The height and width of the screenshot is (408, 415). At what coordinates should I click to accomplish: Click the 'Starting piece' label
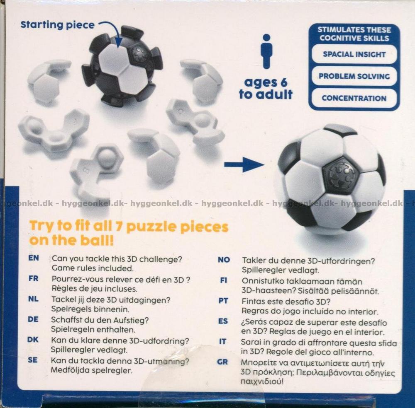pos(57,25)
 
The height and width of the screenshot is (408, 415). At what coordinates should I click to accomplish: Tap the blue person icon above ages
pos(266,51)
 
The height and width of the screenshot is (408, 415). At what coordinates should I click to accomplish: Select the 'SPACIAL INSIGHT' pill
pos(354,54)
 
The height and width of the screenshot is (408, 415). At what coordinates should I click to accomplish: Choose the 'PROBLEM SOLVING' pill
pos(354,76)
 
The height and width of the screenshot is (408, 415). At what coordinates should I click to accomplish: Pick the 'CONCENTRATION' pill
pos(354,98)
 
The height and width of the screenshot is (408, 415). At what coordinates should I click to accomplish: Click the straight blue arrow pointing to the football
pos(244,164)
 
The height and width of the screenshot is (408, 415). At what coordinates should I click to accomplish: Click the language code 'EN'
pos(34,258)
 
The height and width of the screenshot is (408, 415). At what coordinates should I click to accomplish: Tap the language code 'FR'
pos(33,278)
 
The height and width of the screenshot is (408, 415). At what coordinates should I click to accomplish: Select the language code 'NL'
pos(33,299)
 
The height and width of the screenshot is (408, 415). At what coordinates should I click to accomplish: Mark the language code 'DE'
pos(33,319)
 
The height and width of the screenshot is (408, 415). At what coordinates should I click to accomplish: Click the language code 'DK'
pos(33,340)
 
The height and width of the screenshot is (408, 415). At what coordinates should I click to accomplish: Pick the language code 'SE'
pos(32,360)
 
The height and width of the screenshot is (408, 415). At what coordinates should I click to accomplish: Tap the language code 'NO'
pos(224,260)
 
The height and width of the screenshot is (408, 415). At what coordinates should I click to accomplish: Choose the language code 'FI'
pos(223,280)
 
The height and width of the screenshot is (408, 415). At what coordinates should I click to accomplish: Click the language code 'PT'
pos(223,301)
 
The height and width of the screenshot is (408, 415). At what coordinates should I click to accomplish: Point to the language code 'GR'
pos(222,362)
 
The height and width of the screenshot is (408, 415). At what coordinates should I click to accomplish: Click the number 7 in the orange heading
pos(119,227)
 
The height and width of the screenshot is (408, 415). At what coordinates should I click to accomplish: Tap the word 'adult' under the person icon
pos(274,94)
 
